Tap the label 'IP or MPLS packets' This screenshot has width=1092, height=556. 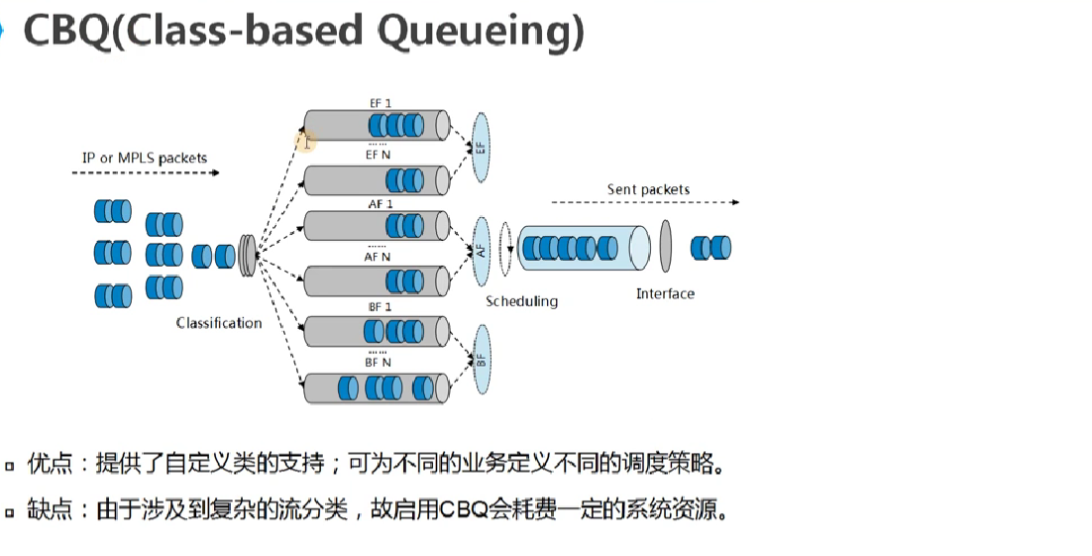(145, 158)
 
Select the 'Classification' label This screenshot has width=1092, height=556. (219, 323)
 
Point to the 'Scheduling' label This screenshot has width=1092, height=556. (521, 300)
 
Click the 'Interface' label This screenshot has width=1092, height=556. (665, 293)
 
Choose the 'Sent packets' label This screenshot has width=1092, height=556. (648, 189)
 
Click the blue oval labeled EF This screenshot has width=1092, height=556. (482, 148)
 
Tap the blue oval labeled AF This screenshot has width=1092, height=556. (482, 252)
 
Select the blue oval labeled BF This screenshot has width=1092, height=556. (482, 359)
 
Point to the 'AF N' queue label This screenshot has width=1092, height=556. (378, 257)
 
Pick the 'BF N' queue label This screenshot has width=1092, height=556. (378, 363)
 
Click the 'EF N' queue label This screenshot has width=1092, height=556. (378, 155)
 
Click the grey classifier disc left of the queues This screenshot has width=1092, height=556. (248, 256)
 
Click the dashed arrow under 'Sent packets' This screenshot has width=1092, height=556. (644, 202)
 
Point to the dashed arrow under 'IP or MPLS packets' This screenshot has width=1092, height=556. (145, 172)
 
